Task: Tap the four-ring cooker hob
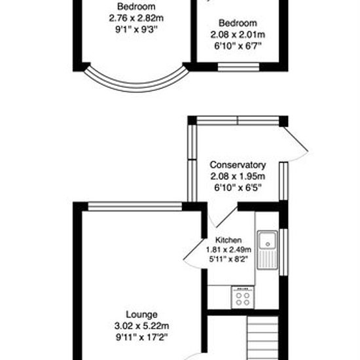tap(243, 298)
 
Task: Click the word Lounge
tap(141, 315)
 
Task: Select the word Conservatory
tap(238, 165)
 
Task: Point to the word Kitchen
tap(228, 240)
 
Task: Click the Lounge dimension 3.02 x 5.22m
tap(141, 326)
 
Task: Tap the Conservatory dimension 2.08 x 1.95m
tap(238, 176)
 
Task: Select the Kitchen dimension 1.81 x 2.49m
tap(228, 249)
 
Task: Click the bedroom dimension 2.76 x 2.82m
tap(136, 18)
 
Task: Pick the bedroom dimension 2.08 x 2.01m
tap(238, 35)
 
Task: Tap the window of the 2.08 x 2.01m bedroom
tap(238, 67)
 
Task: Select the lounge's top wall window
tap(135, 206)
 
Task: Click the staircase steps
tap(262, 338)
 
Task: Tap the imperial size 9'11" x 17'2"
tap(141, 337)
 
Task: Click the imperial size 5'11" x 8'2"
tap(228, 259)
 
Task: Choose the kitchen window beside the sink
tap(283, 252)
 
